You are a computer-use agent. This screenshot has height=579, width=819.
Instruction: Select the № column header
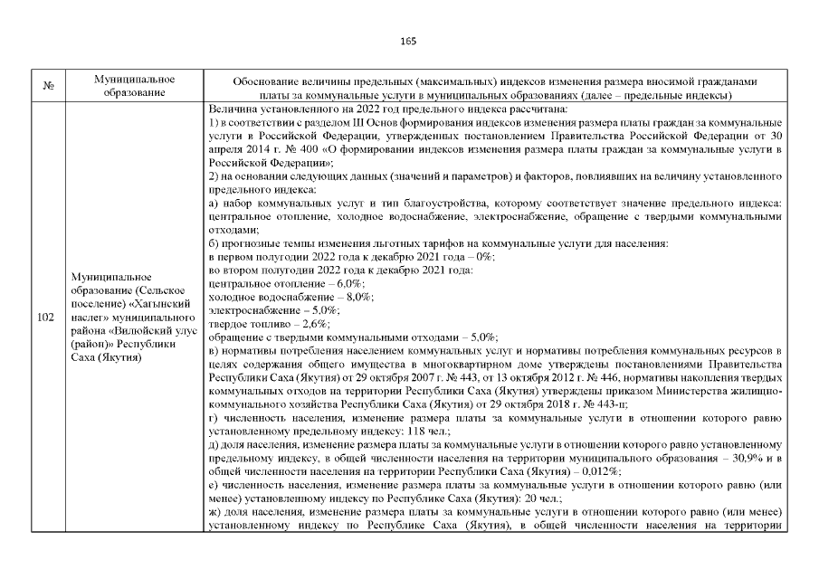[47, 87]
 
